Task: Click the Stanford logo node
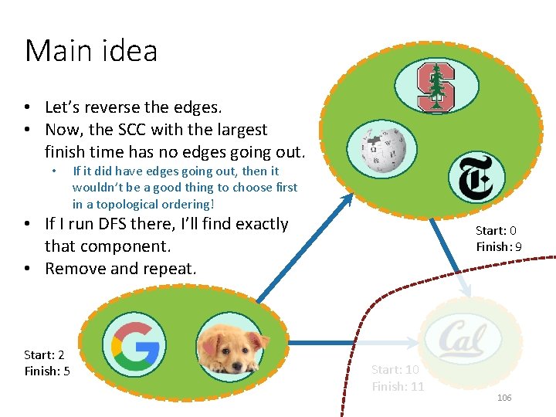coord(436,87)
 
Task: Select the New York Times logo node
coord(476,178)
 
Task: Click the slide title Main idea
coord(91,51)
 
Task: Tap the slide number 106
coord(504,397)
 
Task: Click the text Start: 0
coord(496,230)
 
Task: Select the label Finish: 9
coord(499,247)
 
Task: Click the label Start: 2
coord(44,354)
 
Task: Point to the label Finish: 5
coord(47,371)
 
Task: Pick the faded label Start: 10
coord(395,370)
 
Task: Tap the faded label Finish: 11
coord(398,386)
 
